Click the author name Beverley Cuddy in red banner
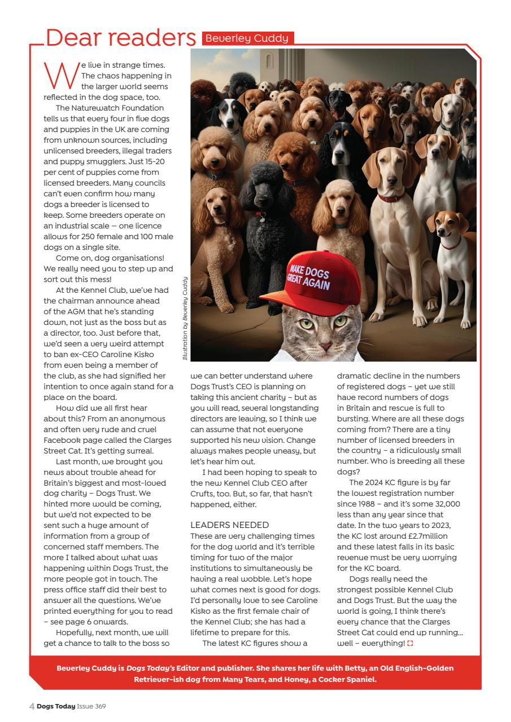[247, 38]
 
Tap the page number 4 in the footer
[32, 706]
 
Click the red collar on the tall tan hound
[390, 198]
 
